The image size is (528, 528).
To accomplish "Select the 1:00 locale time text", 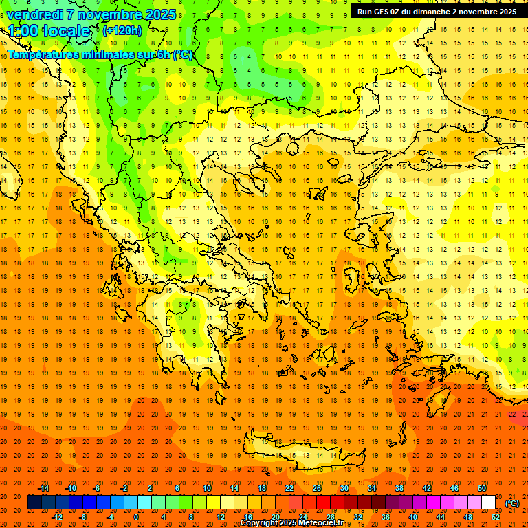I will pyautogui.click(x=49, y=31).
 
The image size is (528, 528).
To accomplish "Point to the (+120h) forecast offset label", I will pyautogui.click(x=122, y=30).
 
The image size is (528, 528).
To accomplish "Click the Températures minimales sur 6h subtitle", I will pyautogui.click(x=100, y=54).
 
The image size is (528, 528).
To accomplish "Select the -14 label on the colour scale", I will pyautogui.click(x=43, y=488).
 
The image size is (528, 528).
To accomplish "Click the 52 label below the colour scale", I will pyautogui.click(x=496, y=517).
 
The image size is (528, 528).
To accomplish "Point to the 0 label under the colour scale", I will pyautogui.click(x=136, y=517).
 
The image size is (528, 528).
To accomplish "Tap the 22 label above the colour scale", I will pyautogui.click(x=289, y=488).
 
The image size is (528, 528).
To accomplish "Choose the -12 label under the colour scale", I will pyautogui.click(x=58, y=517).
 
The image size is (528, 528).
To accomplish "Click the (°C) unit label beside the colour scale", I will pyautogui.click(x=512, y=503).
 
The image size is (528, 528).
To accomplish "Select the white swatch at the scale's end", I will pyautogui.click(x=488, y=503).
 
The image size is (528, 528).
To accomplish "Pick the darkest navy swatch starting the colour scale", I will pyautogui.click(x=34, y=503).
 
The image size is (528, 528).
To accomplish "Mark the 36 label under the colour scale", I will pyautogui.click(x=386, y=517).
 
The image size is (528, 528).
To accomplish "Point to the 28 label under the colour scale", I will pyautogui.click(x=331, y=517).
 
